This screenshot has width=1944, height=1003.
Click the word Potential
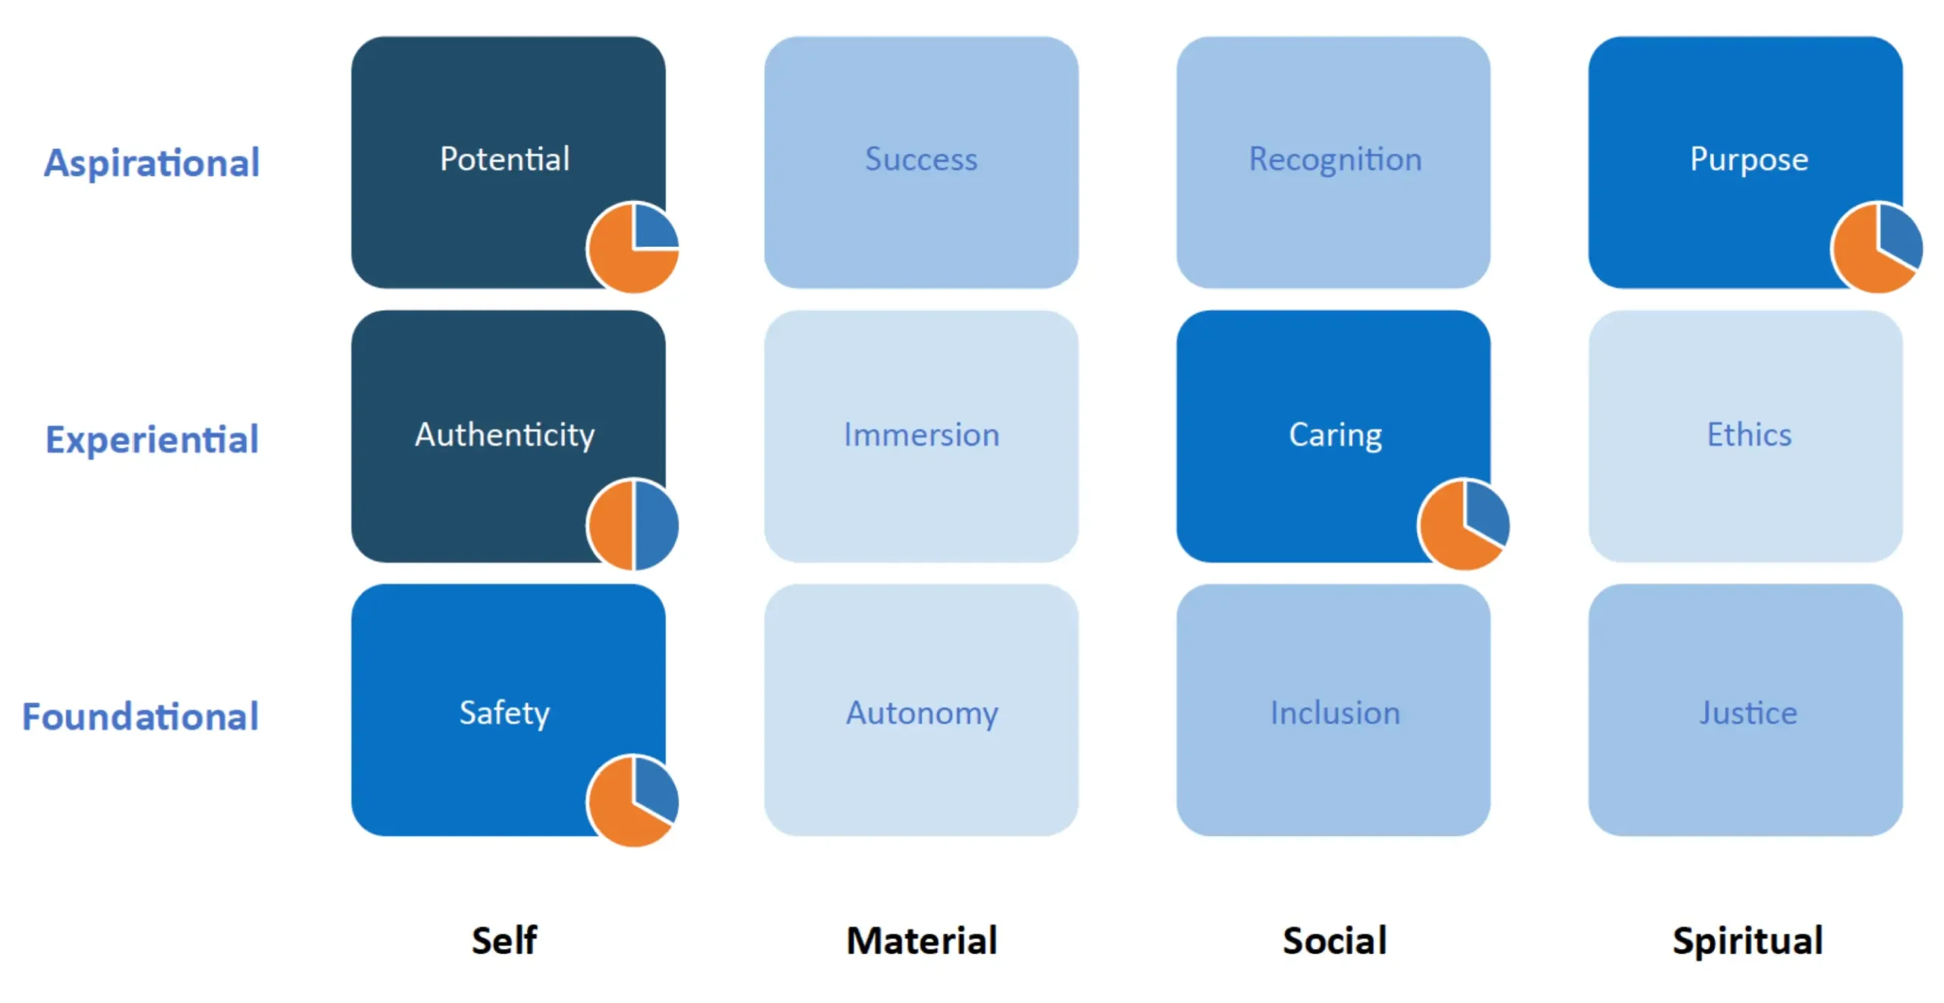point(504,159)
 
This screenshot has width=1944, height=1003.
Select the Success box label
point(920,159)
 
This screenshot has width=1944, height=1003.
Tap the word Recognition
point(1334,159)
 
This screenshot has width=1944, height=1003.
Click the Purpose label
point(1748,159)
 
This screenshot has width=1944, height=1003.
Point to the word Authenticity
point(504,435)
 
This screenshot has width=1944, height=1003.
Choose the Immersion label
point(920,435)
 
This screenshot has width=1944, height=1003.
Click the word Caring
point(1334,435)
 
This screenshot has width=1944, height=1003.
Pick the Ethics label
point(1748,435)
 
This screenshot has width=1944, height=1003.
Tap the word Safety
point(504,712)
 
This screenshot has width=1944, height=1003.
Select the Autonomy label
point(921,712)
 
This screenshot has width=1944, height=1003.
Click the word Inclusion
point(1334,712)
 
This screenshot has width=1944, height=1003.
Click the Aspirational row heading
point(151,162)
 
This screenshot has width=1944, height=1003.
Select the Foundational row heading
point(140,716)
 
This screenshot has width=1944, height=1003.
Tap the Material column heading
point(921,940)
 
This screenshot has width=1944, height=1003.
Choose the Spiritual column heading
point(1747,940)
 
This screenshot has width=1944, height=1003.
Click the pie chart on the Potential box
point(633,248)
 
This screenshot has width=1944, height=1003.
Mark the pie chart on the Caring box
point(1463,524)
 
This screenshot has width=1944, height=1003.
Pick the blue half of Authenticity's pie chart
point(655,525)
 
